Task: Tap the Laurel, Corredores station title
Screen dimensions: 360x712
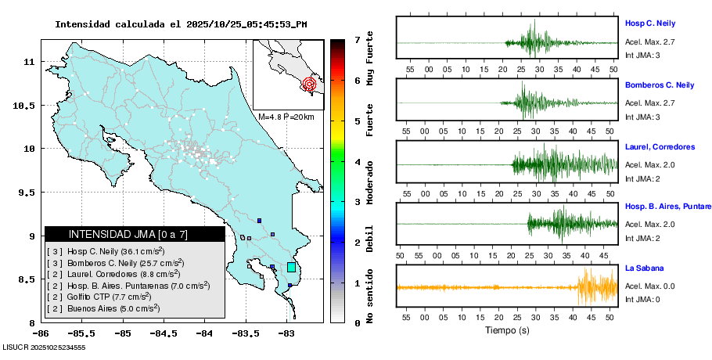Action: click(660, 146)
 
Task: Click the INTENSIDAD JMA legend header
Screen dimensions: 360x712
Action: click(135, 234)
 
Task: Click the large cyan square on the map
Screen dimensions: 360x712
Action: click(291, 268)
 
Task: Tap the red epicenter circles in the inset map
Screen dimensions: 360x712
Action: click(310, 83)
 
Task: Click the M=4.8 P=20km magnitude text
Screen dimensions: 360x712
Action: click(286, 117)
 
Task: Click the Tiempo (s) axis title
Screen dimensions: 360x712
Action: click(508, 330)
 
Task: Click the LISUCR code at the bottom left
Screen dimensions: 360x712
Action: click(44, 347)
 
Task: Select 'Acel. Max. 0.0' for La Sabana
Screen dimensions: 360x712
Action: click(649, 286)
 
